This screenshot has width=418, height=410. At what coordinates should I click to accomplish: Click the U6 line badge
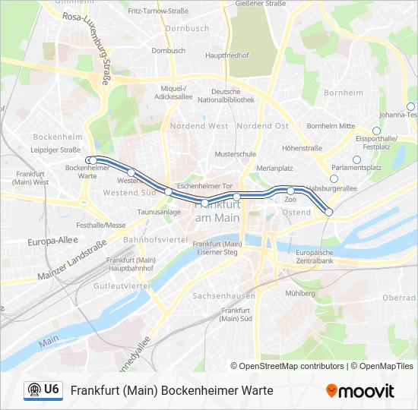pyautogui.click(x=43, y=390)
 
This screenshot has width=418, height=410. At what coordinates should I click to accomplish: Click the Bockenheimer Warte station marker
pyautogui.click(x=90, y=160)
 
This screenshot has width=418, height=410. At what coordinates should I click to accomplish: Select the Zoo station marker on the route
pyautogui.click(x=290, y=191)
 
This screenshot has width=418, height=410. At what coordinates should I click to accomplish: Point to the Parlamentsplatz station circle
pyautogui.click(x=356, y=159)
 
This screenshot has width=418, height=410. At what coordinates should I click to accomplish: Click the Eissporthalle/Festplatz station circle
pyautogui.click(x=376, y=131)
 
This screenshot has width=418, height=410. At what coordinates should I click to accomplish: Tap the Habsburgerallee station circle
pyautogui.click(x=333, y=178)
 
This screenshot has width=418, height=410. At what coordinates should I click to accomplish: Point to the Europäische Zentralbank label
pyautogui.click(x=315, y=256)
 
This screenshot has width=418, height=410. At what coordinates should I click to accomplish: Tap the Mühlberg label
pyautogui.click(x=300, y=293)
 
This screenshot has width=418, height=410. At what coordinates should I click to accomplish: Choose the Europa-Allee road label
pyautogui.click(x=52, y=241)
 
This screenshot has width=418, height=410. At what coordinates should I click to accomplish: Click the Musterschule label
pyautogui.click(x=235, y=153)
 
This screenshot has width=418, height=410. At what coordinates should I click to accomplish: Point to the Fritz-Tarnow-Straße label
pyautogui.click(x=157, y=12)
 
